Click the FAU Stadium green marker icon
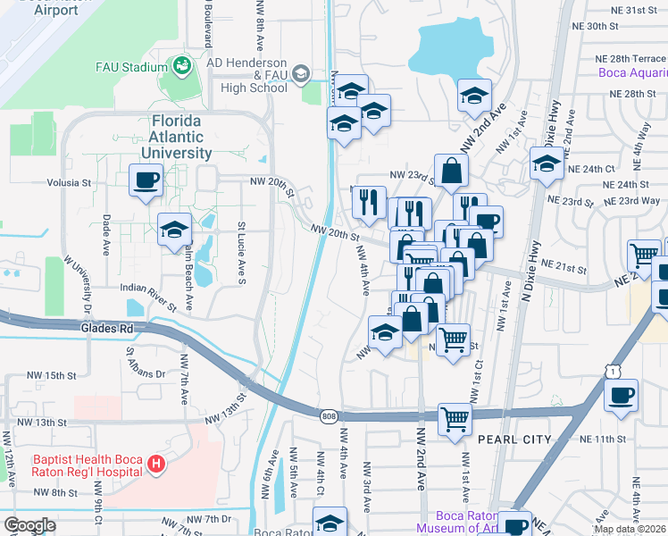(182, 66)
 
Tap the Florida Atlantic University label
(176, 137)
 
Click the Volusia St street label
(70, 183)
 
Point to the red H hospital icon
(156, 464)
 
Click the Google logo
(29, 525)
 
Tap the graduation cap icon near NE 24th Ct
(546, 164)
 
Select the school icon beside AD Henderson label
(301, 73)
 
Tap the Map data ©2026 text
(630, 529)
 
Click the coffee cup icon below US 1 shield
(621, 395)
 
